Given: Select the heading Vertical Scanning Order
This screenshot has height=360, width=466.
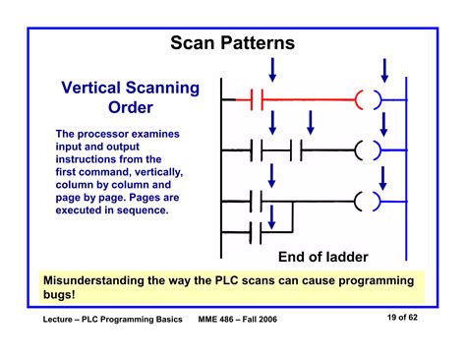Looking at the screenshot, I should tap(130, 97).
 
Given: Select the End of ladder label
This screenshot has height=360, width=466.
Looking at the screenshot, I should tap(322, 258).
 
